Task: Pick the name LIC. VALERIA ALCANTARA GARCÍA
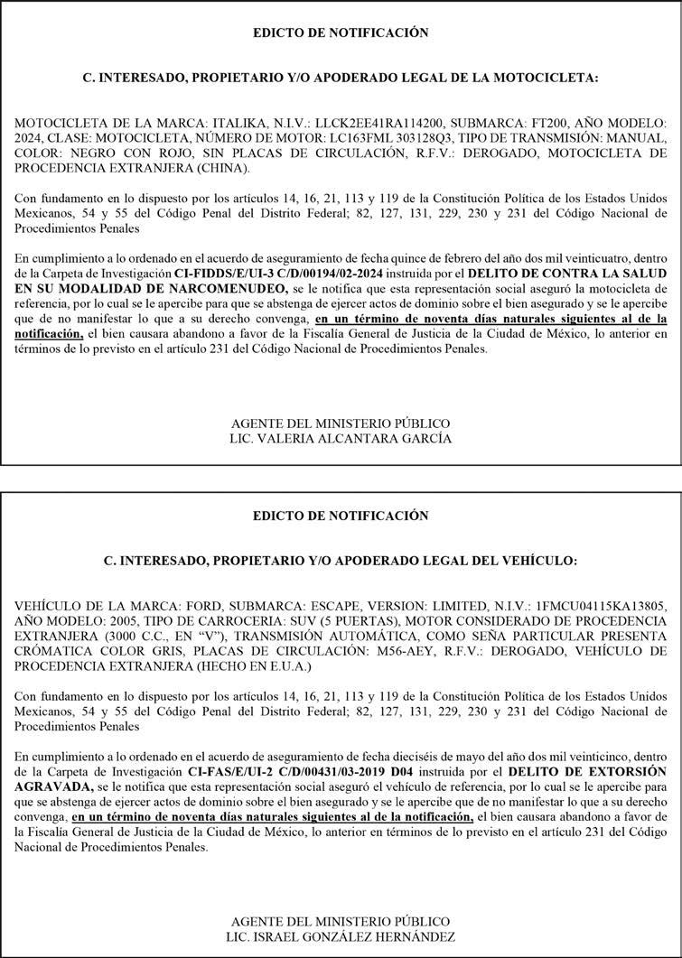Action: (340, 439)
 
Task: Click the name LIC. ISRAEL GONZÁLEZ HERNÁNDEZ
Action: (341, 936)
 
